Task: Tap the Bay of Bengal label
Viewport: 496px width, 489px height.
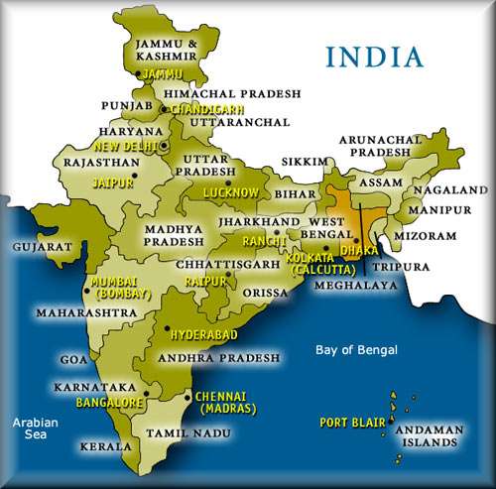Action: tap(356, 350)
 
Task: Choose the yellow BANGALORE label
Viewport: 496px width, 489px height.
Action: tap(107, 403)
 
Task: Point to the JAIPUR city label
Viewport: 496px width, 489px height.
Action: tap(83, 183)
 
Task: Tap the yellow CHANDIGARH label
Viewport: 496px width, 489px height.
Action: tap(202, 106)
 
